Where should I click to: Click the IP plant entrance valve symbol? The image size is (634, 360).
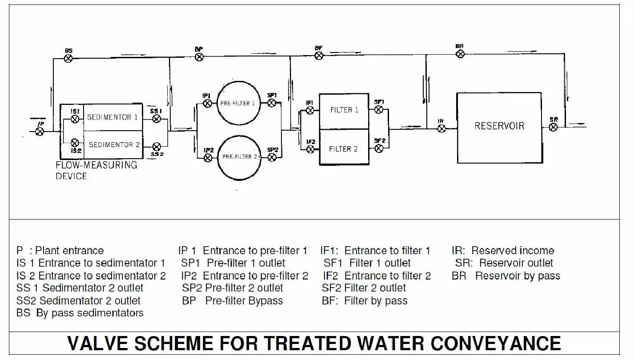[x=40, y=132]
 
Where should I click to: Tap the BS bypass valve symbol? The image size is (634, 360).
[x=68, y=58]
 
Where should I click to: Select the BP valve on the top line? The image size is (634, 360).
[x=200, y=56]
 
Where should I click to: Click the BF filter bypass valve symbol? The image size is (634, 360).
[x=319, y=56]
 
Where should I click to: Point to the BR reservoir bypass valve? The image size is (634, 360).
[x=461, y=54]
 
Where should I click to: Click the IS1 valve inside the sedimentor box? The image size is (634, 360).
[x=75, y=119]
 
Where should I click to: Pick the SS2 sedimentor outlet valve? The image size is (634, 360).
[x=156, y=146]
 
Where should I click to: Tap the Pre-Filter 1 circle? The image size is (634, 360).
[x=238, y=103]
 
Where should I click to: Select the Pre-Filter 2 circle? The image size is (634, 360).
[x=238, y=156]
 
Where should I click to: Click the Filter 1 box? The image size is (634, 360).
[x=344, y=110]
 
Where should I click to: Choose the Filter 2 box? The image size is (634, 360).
[x=344, y=148]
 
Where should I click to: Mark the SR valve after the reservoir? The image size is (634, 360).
[x=553, y=127]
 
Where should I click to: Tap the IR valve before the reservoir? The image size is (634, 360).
[x=441, y=128]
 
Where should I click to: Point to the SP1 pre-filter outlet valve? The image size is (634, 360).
[x=272, y=103]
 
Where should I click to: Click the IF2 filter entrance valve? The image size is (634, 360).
[x=310, y=149]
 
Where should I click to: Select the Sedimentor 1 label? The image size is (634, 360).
[x=112, y=117]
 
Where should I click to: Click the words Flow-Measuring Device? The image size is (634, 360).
[x=96, y=170]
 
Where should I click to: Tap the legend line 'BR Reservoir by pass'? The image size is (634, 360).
[x=506, y=276]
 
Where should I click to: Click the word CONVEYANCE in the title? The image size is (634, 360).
[x=495, y=344]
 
